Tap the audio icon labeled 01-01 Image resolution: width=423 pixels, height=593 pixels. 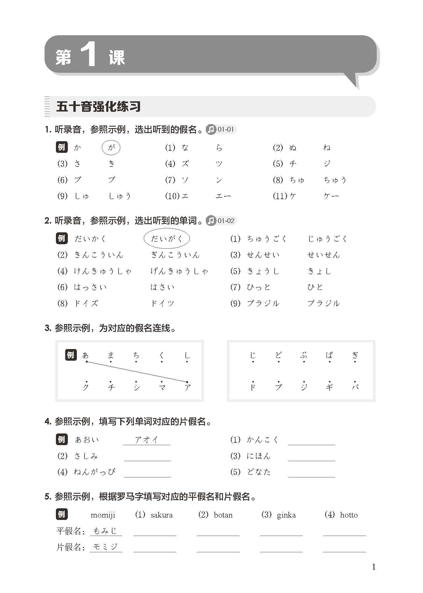click(x=211, y=129)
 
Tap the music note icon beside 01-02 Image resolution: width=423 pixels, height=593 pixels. click(x=211, y=221)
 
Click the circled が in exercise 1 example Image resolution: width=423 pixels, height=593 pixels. click(x=111, y=148)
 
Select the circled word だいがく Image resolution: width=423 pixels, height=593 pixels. click(x=167, y=239)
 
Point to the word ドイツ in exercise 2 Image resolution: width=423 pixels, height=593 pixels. click(x=162, y=303)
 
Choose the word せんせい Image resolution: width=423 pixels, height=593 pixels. click(x=263, y=255)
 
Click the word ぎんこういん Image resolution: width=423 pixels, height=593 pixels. click(x=175, y=255)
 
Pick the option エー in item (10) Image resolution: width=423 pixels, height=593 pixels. click(x=223, y=196)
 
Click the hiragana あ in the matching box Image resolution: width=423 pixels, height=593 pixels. click(x=85, y=355)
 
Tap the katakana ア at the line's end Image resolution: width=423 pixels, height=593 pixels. click(x=188, y=387)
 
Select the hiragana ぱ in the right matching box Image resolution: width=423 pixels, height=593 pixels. click(x=329, y=355)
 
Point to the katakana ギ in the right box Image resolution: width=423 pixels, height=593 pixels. click(x=329, y=387)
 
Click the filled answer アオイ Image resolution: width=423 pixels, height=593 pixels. click(x=146, y=440)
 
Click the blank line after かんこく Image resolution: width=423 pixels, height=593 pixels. click(x=312, y=441)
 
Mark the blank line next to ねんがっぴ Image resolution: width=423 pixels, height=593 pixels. click(x=147, y=473)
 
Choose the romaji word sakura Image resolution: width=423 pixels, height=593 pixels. click(x=162, y=515)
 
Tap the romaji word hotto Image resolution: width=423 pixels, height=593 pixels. click(x=349, y=515)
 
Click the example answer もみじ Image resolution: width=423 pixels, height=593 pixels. click(x=105, y=531)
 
